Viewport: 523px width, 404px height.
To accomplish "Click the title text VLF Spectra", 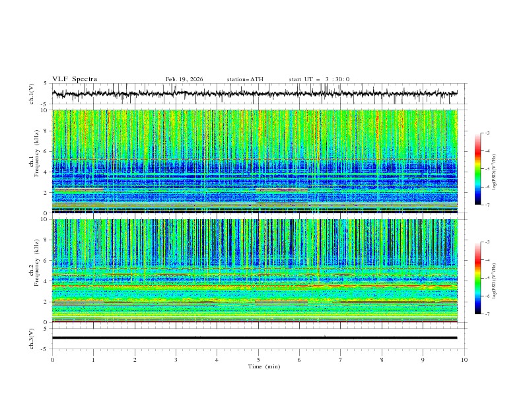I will click(x=75, y=79).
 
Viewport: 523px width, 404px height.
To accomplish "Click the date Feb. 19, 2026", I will click(x=184, y=79).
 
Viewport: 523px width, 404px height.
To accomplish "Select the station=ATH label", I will click(x=245, y=79).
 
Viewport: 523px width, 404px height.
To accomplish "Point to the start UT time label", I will click(x=319, y=79).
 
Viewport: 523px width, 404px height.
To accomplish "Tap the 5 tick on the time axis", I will click(x=258, y=359).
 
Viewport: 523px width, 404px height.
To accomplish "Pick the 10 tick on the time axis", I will click(x=464, y=359).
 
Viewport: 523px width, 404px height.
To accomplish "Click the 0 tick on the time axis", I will click(x=52, y=359).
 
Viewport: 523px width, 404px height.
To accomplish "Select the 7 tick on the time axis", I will click(x=341, y=359).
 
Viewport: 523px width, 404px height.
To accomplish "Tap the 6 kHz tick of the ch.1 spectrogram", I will click(x=45, y=151).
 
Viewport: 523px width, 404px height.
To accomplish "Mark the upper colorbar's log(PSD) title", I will click(x=494, y=169).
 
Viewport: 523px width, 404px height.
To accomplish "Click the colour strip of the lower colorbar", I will click(x=477, y=277).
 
